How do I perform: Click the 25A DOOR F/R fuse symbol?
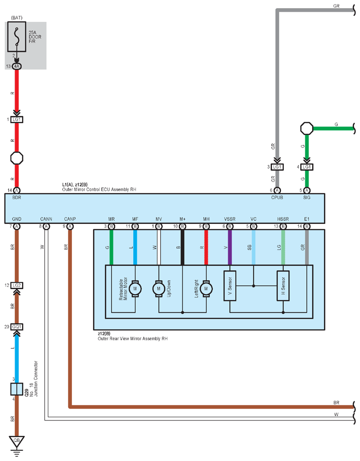point(16,37)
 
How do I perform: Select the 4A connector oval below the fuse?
point(16,66)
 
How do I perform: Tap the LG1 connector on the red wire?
point(16,119)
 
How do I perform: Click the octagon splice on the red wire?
point(16,159)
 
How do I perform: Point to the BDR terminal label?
point(16,198)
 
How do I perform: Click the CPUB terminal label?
point(277,198)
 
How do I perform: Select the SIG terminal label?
point(307,198)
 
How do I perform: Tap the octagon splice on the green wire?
point(307,128)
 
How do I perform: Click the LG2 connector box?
point(17,285)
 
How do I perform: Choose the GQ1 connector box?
point(17,326)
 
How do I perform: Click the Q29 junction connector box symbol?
point(16,389)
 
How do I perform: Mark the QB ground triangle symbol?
point(16,440)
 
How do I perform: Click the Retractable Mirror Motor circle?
point(135,288)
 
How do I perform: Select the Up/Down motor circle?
point(159,288)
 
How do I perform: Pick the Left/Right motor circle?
point(206,288)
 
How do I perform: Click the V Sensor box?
point(230,286)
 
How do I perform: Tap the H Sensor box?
point(283,286)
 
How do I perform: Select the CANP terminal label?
point(70,219)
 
